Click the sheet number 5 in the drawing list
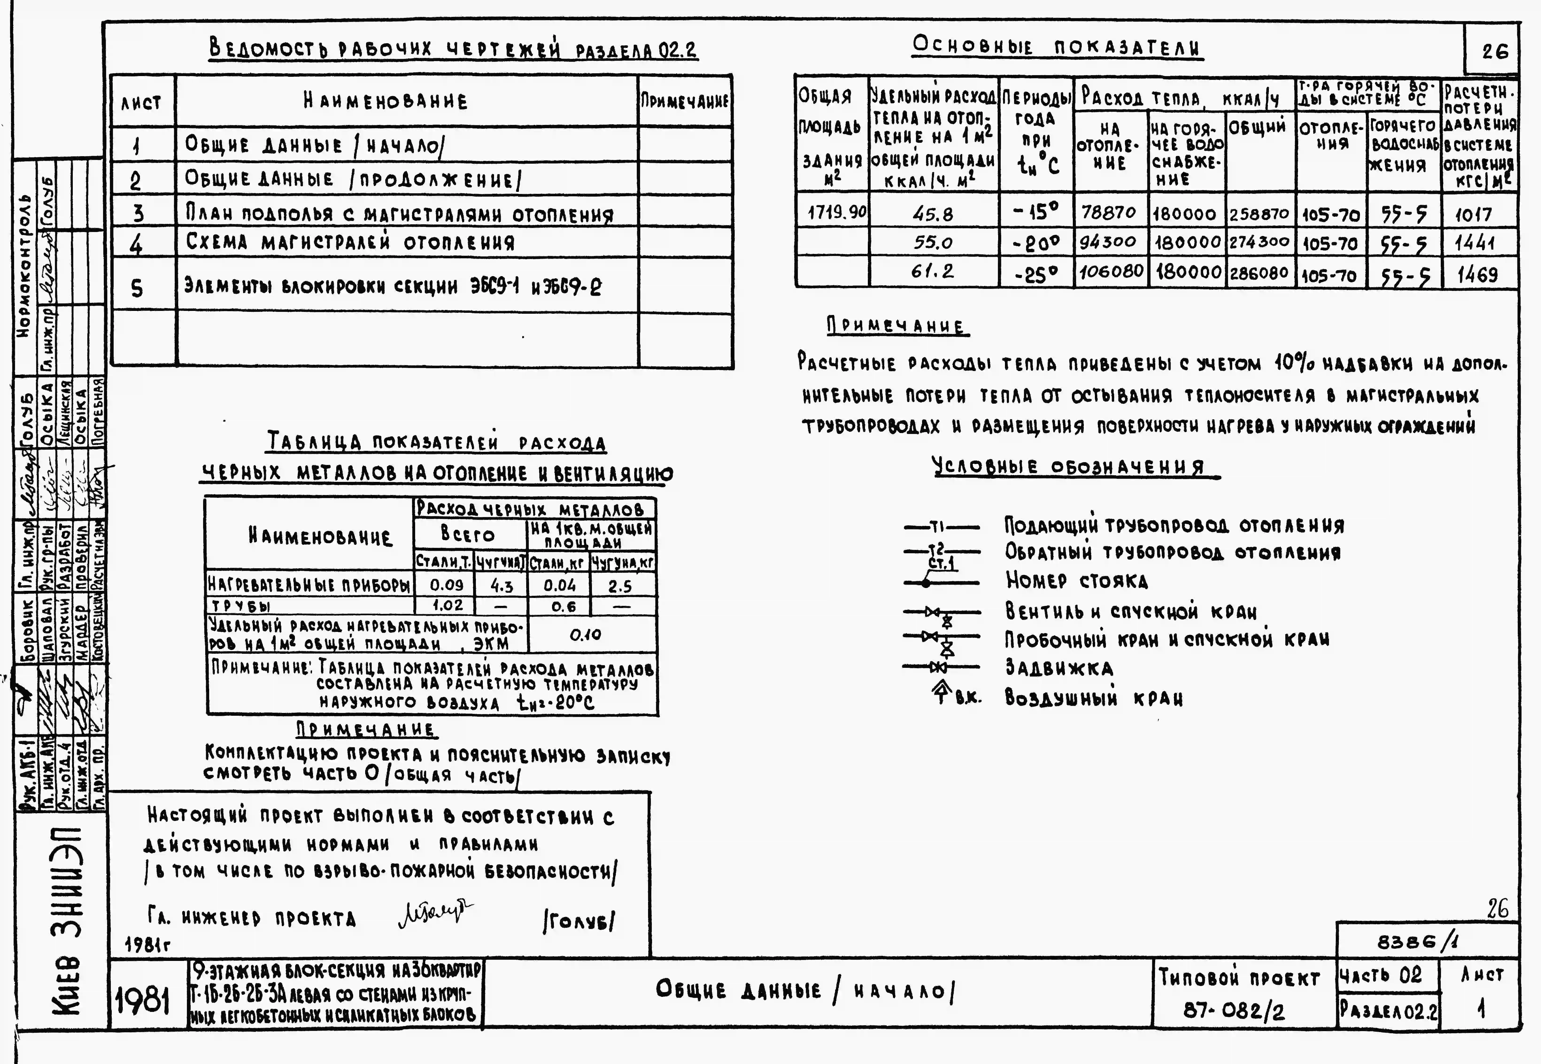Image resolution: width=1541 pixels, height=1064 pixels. tap(137, 288)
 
